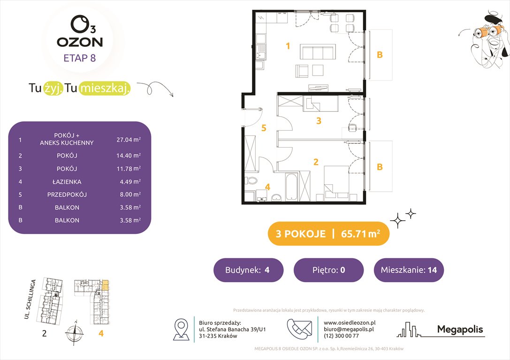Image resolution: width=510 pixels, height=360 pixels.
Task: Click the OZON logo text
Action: click(80, 42)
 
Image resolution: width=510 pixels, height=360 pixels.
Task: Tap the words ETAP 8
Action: click(80, 59)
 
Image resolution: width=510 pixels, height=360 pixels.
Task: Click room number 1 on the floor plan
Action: click(289, 46)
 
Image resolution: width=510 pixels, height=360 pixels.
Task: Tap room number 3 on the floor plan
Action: click(319, 121)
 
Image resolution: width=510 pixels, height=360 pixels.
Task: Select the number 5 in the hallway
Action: click(264, 127)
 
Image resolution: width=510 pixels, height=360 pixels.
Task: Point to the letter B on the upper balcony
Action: click(380, 55)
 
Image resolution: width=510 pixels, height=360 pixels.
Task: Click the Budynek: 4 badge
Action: click(248, 270)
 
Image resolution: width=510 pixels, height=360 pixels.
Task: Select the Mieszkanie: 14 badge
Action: click(409, 270)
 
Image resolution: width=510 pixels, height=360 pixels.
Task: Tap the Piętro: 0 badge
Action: click(328, 270)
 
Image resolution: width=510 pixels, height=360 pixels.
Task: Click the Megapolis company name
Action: click(460, 330)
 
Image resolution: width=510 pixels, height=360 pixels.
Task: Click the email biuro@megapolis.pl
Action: click(349, 329)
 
